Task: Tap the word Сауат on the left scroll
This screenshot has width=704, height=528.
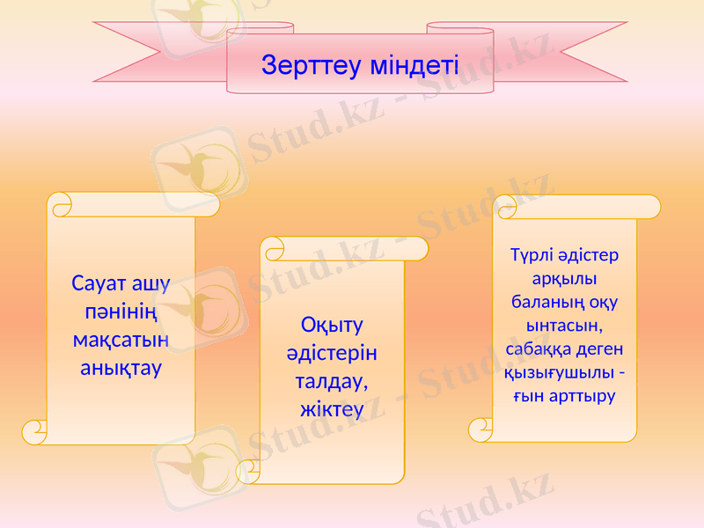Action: coord(98,284)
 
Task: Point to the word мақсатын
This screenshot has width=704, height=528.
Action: coord(121,340)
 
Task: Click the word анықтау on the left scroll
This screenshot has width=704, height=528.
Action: coord(121,368)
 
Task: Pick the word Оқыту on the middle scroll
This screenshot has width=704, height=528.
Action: coord(332,326)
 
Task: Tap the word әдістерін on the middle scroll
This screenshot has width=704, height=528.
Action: coord(332,354)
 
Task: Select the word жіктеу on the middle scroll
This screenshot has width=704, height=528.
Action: coord(332,410)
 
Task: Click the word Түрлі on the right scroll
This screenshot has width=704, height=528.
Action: coord(531,256)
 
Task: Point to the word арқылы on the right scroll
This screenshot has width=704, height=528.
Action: coord(565,279)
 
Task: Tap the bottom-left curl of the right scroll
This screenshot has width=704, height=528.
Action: coord(480,429)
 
